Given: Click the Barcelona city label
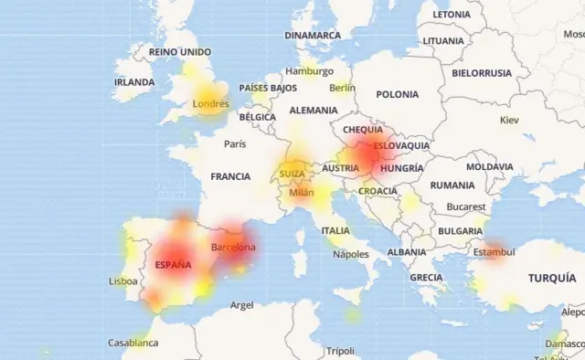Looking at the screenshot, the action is [x=233, y=248].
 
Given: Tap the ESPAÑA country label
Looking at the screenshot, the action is [x=173, y=265].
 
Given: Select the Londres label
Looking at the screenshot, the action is [x=210, y=103].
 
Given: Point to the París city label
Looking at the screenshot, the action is [x=235, y=143].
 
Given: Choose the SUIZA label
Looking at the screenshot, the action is [x=292, y=174].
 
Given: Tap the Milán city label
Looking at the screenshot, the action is [x=302, y=193].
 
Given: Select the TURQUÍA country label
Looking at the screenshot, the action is [x=551, y=277].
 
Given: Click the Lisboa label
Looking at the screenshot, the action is [x=123, y=281].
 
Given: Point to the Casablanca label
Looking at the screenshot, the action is [x=133, y=343].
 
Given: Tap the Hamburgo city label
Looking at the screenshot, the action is [x=309, y=71].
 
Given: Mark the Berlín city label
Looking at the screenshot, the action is [x=343, y=88].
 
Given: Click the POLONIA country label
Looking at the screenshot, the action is [x=397, y=94].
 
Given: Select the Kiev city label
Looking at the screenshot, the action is [x=508, y=120].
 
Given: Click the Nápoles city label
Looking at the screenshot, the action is [x=350, y=254].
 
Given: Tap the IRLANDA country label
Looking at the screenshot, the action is [x=134, y=82].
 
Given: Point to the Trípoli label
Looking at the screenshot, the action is [x=340, y=351].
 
